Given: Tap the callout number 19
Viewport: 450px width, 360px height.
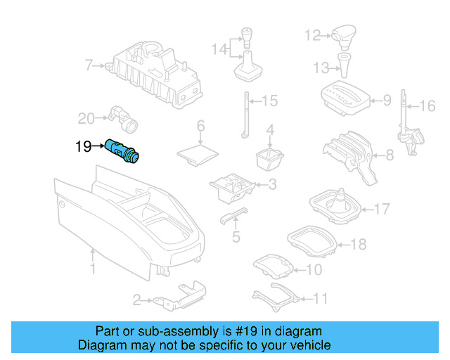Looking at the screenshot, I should [x=83, y=146].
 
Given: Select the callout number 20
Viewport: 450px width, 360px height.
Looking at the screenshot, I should [x=85, y=117].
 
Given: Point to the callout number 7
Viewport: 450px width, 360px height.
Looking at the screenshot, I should [x=89, y=66].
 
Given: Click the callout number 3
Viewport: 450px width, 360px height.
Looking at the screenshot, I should [x=272, y=185].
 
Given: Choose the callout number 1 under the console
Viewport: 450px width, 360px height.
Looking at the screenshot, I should [x=92, y=269].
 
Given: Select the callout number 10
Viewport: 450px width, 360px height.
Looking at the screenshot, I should [x=314, y=269].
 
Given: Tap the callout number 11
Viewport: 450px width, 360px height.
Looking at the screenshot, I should [x=320, y=299].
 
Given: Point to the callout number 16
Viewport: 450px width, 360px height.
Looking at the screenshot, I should [x=427, y=106].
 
